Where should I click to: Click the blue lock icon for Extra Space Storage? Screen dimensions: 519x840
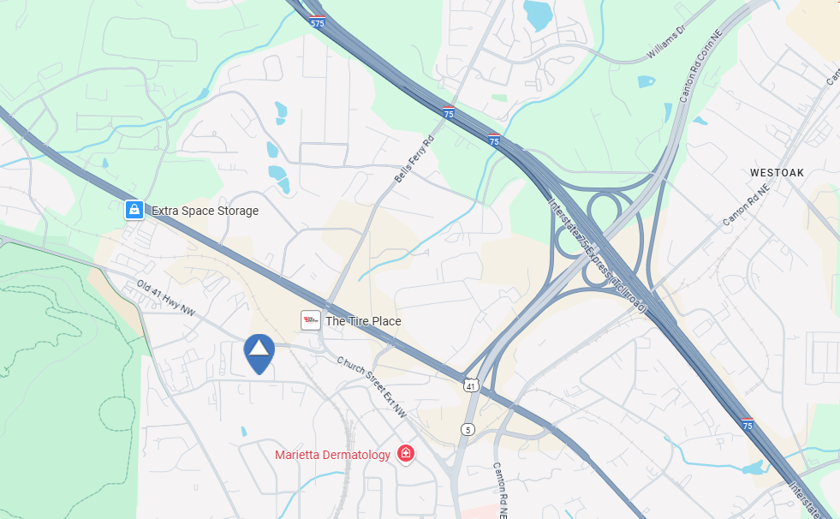pos(134,210)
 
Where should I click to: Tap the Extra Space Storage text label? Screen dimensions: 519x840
pos(205,211)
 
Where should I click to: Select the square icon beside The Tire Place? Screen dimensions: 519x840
pos(311,321)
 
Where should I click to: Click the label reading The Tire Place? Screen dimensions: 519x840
pos(363,322)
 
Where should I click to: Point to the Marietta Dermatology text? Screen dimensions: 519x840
pos(332,454)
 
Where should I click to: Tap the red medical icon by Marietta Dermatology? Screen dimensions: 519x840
pos(406,454)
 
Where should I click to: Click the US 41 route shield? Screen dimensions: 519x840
pos(471,385)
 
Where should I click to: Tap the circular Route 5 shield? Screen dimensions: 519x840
pos(467,428)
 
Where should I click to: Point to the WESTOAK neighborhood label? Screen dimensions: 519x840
pos(777,173)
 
